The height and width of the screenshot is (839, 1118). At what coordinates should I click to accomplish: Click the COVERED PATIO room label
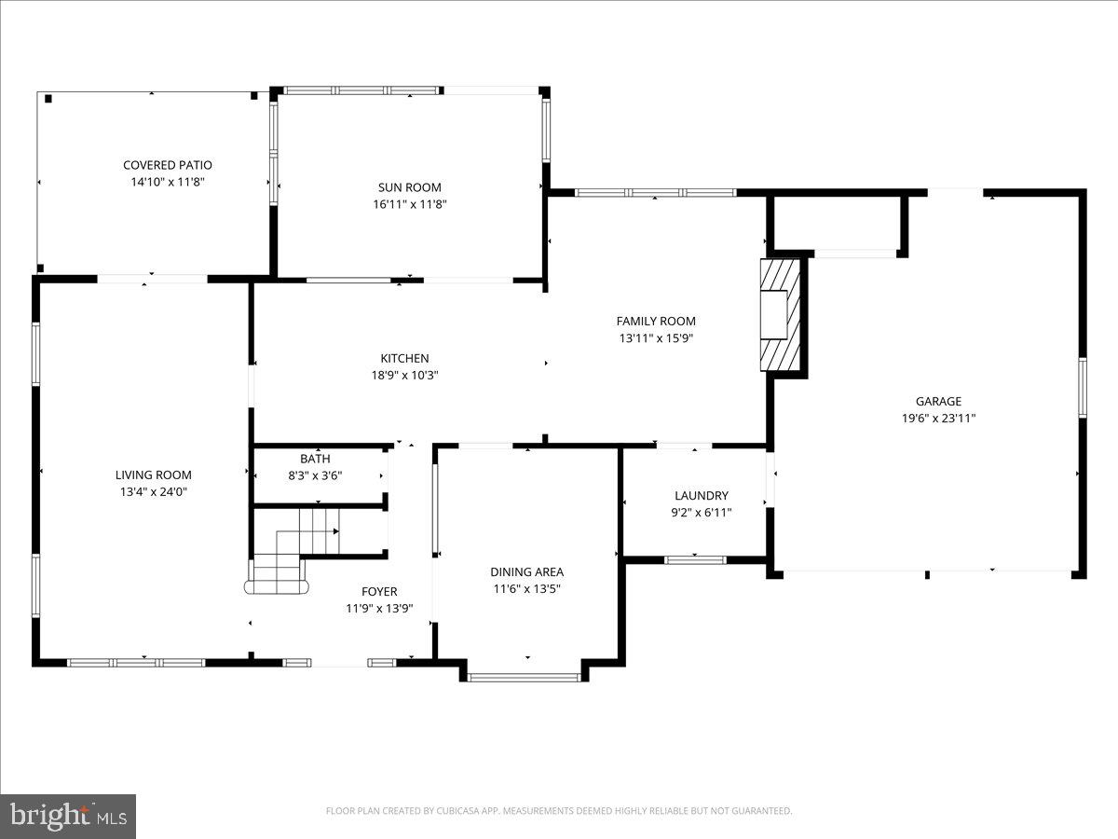pos(168,165)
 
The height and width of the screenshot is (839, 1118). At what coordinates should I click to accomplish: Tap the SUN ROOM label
pos(410,187)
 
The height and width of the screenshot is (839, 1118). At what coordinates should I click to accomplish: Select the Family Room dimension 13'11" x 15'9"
pos(656,338)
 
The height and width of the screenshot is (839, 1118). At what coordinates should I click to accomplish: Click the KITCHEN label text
pos(404,358)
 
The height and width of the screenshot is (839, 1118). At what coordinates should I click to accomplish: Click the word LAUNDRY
pos(702,496)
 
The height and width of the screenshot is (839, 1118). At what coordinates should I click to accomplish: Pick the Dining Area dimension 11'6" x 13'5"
pos(527,589)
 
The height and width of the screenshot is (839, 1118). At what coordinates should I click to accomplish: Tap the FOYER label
pos(379,591)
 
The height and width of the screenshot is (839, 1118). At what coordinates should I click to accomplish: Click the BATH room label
pos(315,459)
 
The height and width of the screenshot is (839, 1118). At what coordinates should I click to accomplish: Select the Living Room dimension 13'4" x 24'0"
pos(154,491)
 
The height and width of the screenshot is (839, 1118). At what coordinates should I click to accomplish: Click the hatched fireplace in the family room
pos(781,315)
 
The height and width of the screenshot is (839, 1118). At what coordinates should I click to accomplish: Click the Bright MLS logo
pos(68,817)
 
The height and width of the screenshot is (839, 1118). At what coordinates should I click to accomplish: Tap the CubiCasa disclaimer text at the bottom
pos(559,811)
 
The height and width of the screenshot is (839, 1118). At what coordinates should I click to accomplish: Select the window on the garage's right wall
pos(1082,387)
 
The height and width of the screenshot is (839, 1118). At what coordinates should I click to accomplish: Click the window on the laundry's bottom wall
pos(695,559)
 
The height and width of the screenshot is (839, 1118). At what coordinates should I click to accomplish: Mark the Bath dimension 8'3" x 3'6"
pos(315,475)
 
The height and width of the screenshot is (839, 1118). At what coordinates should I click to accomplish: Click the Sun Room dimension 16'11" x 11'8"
pos(410,204)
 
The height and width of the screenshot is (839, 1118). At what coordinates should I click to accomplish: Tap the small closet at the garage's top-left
pos(836,222)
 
